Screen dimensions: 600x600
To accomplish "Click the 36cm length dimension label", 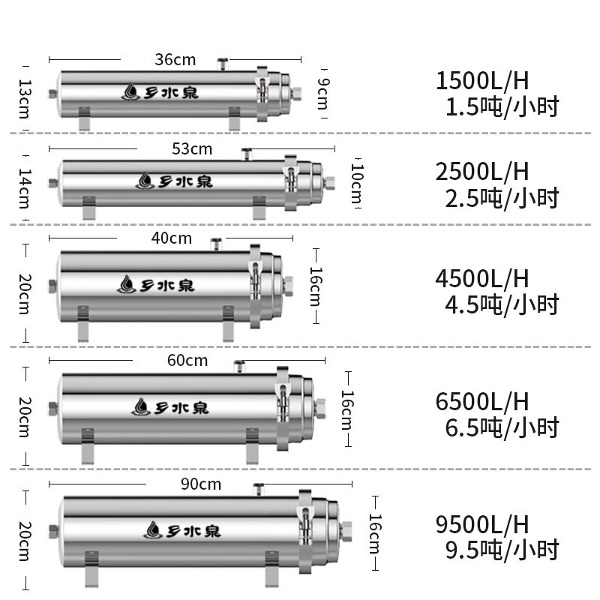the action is (175, 60).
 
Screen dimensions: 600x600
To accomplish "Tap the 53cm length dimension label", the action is (192, 148).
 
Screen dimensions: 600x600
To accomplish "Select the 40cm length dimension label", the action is (172, 238).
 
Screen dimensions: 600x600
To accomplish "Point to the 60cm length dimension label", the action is (187, 361).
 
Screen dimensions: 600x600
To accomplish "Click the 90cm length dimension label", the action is (201, 484).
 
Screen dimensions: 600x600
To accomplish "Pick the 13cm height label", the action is (25, 99).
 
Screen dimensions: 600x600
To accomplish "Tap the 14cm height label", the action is (25, 188).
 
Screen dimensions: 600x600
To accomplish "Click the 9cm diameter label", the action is (323, 94).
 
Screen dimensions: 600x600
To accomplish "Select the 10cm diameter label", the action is (357, 184).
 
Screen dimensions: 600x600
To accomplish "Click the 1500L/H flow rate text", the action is (482, 81).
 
